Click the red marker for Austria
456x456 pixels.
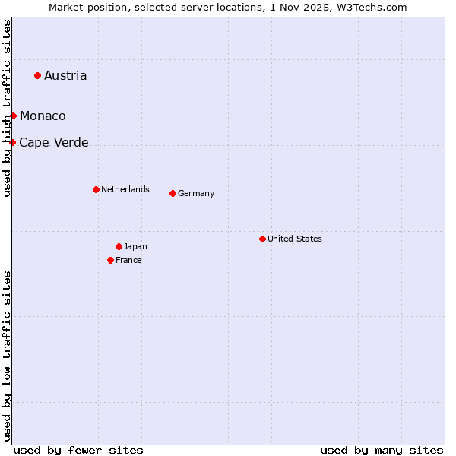[x=37, y=75]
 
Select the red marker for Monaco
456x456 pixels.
[x=13, y=116]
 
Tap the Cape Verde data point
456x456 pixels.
[x=12, y=142]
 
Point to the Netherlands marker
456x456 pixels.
[x=96, y=189]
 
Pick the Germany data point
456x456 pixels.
[x=173, y=193]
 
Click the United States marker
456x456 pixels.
[x=262, y=239]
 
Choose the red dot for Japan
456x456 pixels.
[x=119, y=246]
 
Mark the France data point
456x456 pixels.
[x=110, y=260]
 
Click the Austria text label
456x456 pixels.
[x=65, y=75]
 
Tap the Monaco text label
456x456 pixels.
[x=43, y=116]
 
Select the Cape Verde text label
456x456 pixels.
[x=53, y=142]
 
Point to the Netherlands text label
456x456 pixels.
[x=125, y=189]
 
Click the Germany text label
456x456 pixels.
[x=196, y=193]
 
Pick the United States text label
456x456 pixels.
[x=295, y=239]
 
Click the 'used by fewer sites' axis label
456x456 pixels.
[x=78, y=450]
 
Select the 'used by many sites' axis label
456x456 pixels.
[x=382, y=450]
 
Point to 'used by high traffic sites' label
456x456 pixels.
[x=7, y=108]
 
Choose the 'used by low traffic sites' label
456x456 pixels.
[x=7, y=356]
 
